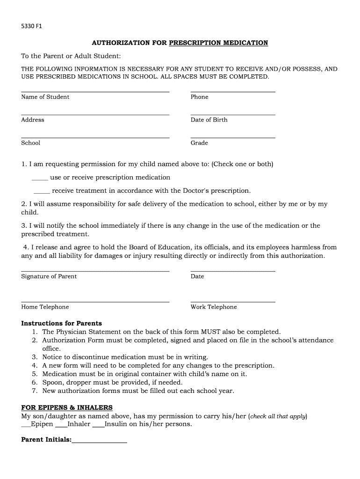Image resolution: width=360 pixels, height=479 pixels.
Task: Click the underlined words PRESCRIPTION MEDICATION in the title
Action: tap(218, 43)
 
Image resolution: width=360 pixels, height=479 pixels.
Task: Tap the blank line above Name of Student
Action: tap(95, 91)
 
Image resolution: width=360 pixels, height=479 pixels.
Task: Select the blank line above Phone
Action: tap(232, 91)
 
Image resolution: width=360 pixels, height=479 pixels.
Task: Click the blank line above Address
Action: tap(95, 114)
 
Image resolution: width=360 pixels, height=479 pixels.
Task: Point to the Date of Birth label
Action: tap(209, 120)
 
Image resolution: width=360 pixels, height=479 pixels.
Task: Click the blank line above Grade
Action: tap(232, 137)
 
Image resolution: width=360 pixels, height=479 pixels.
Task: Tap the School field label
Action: tap(31, 143)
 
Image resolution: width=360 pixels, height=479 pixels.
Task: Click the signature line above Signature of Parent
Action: tap(95, 270)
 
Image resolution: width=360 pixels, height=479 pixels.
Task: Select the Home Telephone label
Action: tap(45, 307)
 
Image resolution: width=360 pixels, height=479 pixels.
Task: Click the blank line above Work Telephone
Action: tap(232, 301)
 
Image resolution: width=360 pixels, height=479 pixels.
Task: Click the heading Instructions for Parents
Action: tap(61, 323)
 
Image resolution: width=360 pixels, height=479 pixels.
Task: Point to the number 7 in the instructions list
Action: tap(34, 391)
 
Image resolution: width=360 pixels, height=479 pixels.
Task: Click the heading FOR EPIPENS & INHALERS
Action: tap(67, 407)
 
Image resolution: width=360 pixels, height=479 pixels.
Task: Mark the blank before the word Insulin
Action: tap(98, 426)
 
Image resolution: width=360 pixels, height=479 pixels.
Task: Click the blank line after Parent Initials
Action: tap(99, 442)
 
